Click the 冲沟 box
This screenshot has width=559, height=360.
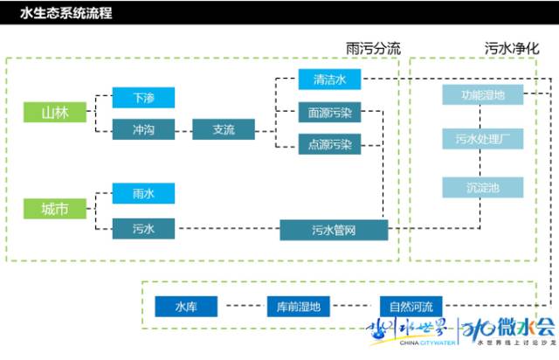coord(143,129)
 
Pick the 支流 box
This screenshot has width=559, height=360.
coord(224,129)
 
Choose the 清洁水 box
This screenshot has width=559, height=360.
coord(329,80)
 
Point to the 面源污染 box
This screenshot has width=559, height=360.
coord(329,113)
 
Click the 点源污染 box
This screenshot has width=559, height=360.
coord(329,144)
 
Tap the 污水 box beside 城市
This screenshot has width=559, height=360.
coord(143,229)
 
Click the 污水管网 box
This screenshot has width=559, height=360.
coord(334,230)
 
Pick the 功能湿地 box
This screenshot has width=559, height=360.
coord(482,94)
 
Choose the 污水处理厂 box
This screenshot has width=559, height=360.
coord(482,138)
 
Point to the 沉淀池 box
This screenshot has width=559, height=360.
coord(482,187)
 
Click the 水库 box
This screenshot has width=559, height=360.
coord(186,307)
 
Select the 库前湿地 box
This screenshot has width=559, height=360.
coord(300,307)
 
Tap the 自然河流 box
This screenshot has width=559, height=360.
coord(411,307)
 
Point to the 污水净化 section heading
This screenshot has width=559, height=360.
coord(510,48)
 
